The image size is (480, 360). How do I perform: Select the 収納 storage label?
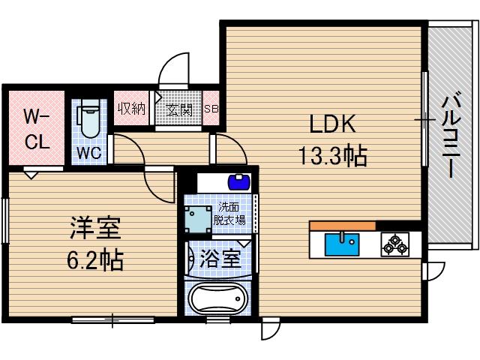pyautogui.click(x=131, y=109)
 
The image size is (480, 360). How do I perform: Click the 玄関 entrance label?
pyautogui.click(x=178, y=110)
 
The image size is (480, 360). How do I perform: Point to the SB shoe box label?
pyautogui.click(x=211, y=109)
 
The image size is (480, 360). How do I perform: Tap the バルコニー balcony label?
pyautogui.click(x=449, y=135)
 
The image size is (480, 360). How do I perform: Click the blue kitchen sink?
pyautogui.click(x=342, y=244)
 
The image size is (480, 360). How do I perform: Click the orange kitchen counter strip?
pyautogui.click(x=342, y=226)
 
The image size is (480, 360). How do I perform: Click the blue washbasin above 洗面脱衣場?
pyautogui.click(x=238, y=181)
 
